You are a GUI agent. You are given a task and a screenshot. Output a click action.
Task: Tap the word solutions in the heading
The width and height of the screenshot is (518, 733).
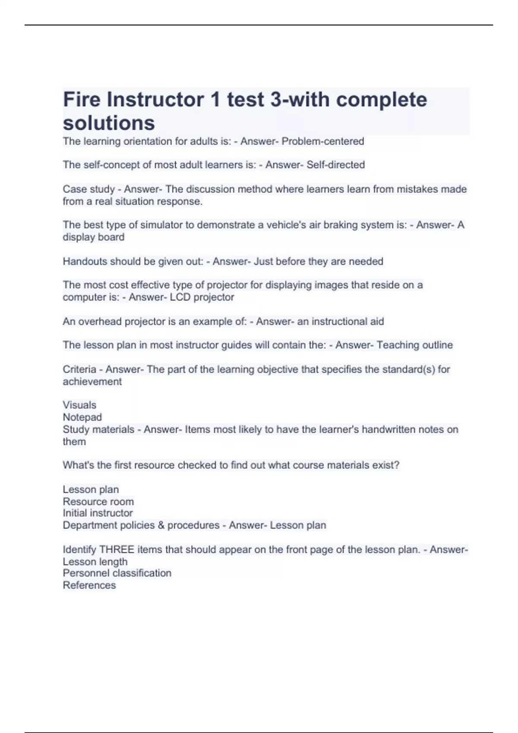pyautogui.click(x=109, y=123)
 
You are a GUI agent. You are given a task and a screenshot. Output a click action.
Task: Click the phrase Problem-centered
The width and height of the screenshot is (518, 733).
pyautogui.click(x=322, y=141)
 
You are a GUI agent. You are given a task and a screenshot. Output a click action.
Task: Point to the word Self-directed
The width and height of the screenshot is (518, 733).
pyautogui.click(x=335, y=165)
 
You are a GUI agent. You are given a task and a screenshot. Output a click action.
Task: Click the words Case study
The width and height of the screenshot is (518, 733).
pyautogui.click(x=89, y=189)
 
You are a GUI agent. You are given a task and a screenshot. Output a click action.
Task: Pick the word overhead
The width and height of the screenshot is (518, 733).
pyautogui.click(x=100, y=321)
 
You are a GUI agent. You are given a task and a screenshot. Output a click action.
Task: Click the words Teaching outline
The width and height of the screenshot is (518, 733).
pyautogui.click(x=414, y=345)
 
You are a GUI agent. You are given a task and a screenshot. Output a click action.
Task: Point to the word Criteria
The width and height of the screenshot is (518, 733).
pyautogui.click(x=79, y=370)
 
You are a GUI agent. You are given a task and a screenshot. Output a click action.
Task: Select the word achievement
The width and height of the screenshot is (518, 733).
pyautogui.click(x=92, y=382)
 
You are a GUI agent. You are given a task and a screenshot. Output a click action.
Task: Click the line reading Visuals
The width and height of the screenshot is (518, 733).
pyautogui.click(x=79, y=405)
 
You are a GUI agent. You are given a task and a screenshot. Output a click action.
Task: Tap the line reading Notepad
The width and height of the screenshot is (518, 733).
pyautogui.click(x=82, y=417)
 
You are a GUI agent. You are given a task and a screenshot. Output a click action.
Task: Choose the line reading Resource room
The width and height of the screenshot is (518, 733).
pyautogui.click(x=98, y=501)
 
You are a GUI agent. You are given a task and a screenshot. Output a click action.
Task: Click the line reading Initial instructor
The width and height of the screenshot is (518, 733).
pyautogui.click(x=98, y=513)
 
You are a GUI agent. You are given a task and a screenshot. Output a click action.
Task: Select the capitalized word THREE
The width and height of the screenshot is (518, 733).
pyautogui.click(x=117, y=550)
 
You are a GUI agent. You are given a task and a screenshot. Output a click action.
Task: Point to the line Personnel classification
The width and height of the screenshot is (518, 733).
pyautogui.click(x=117, y=573)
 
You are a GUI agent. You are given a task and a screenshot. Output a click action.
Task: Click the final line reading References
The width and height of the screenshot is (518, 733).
pyautogui.click(x=89, y=585)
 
